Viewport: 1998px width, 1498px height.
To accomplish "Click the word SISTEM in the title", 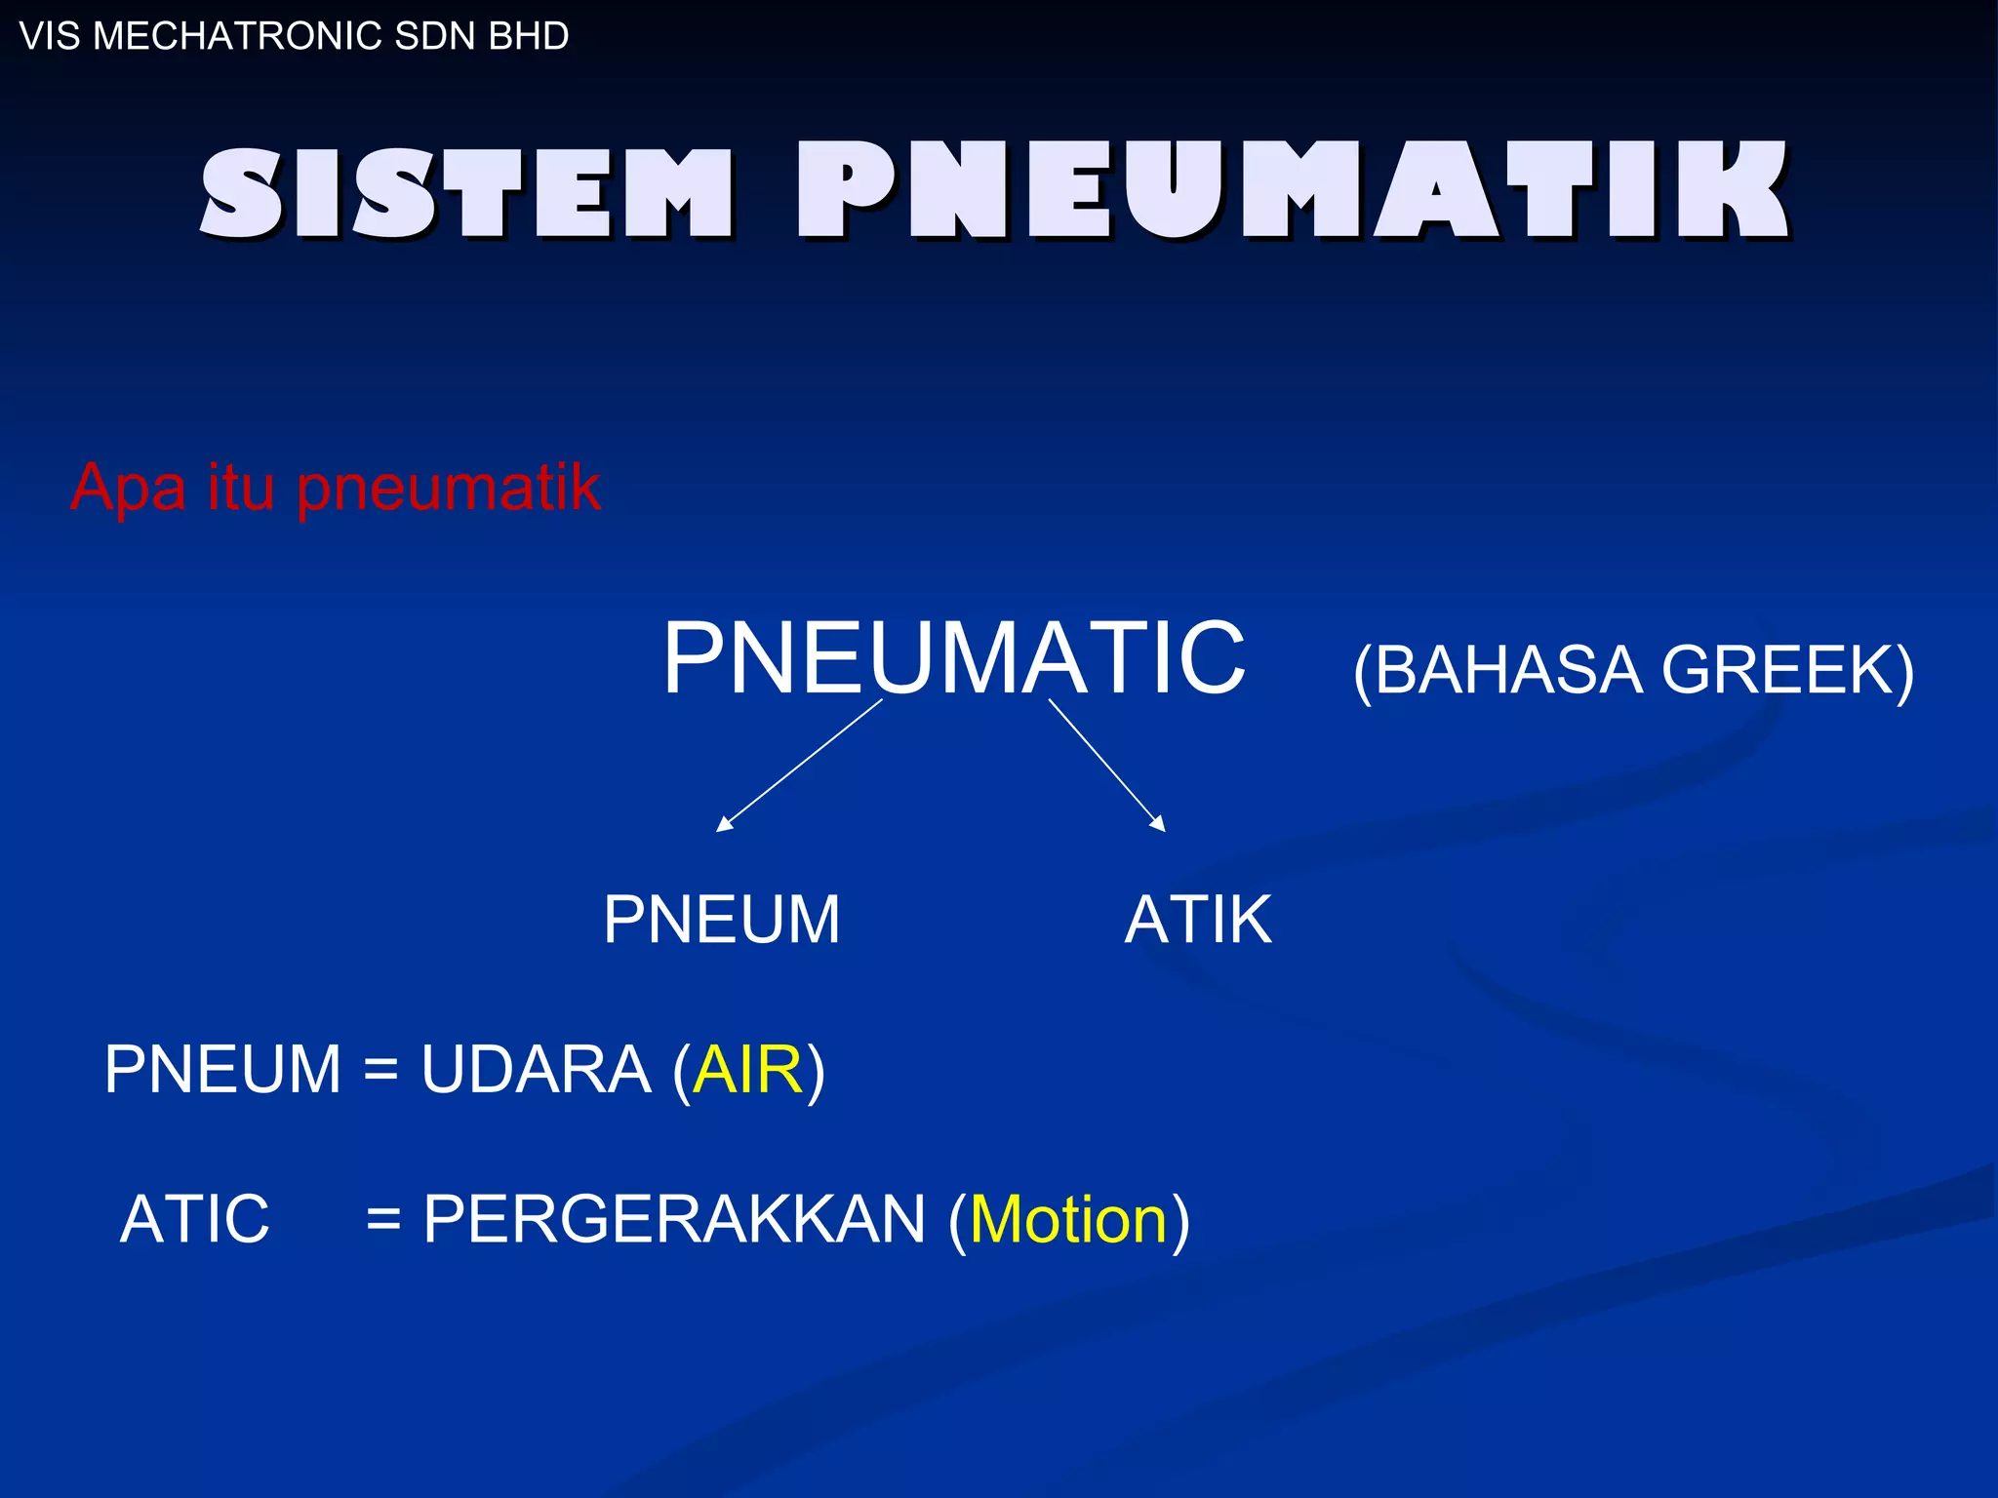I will click(466, 192).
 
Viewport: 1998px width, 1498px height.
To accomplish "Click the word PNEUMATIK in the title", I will click(1293, 190).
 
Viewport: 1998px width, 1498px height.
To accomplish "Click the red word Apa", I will click(127, 488).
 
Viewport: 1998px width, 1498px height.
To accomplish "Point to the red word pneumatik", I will click(449, 488).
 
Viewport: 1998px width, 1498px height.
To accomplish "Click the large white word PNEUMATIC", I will click(953, 658).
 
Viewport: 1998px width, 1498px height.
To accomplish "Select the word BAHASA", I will click(1507, 670).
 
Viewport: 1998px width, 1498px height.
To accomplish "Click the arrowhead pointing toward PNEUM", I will click(723, 825).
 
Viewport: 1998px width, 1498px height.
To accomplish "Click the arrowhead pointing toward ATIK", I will click(1159, 824).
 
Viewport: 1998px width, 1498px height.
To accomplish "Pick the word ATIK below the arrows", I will click(1198, 920).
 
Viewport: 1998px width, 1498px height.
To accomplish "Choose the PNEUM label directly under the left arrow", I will click(721, 920).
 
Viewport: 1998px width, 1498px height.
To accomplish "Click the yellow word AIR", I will click(748, 1070).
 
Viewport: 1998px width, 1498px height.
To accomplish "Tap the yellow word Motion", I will click(1068, 1219).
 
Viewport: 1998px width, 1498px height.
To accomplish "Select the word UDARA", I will click(536, 1070).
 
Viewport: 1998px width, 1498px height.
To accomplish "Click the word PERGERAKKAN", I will click(673, 1219).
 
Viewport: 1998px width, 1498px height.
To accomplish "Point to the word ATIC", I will click(194, 1219).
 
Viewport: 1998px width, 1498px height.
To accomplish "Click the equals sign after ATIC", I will click(383, 1219).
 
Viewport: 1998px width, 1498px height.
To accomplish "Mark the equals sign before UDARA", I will click(380, 1070).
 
